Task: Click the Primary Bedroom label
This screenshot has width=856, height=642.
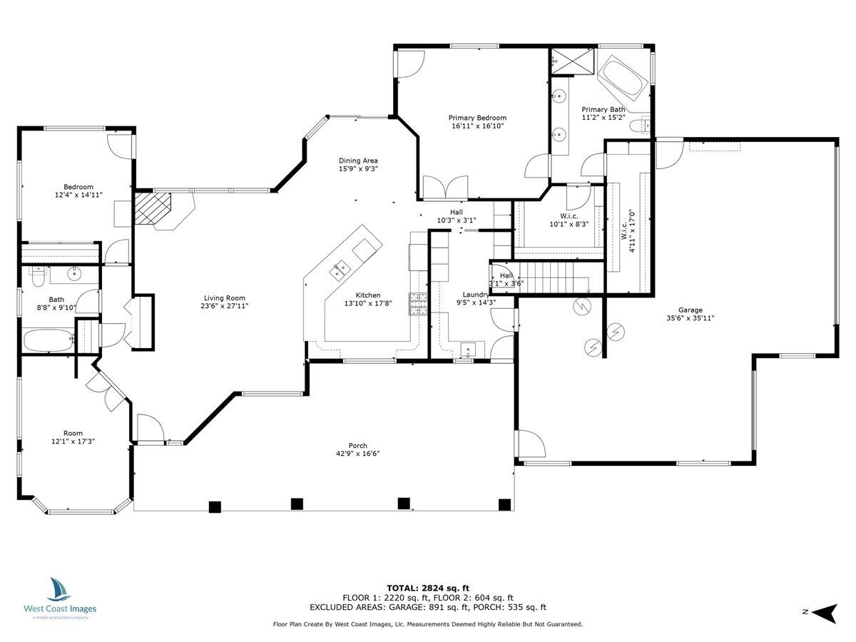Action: [477, 118]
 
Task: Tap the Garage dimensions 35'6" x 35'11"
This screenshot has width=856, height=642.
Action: [690, 319]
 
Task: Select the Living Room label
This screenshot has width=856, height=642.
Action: [225, 298]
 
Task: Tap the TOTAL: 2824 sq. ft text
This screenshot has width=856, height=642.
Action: [428, 588]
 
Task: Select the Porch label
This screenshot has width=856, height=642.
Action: [357, 446]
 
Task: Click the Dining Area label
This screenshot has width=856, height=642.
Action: [358, 160]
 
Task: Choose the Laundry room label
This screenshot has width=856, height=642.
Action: [475, 295]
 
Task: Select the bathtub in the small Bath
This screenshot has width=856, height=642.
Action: [47, 340]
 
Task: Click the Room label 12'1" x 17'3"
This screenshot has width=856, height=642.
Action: [73, 433]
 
